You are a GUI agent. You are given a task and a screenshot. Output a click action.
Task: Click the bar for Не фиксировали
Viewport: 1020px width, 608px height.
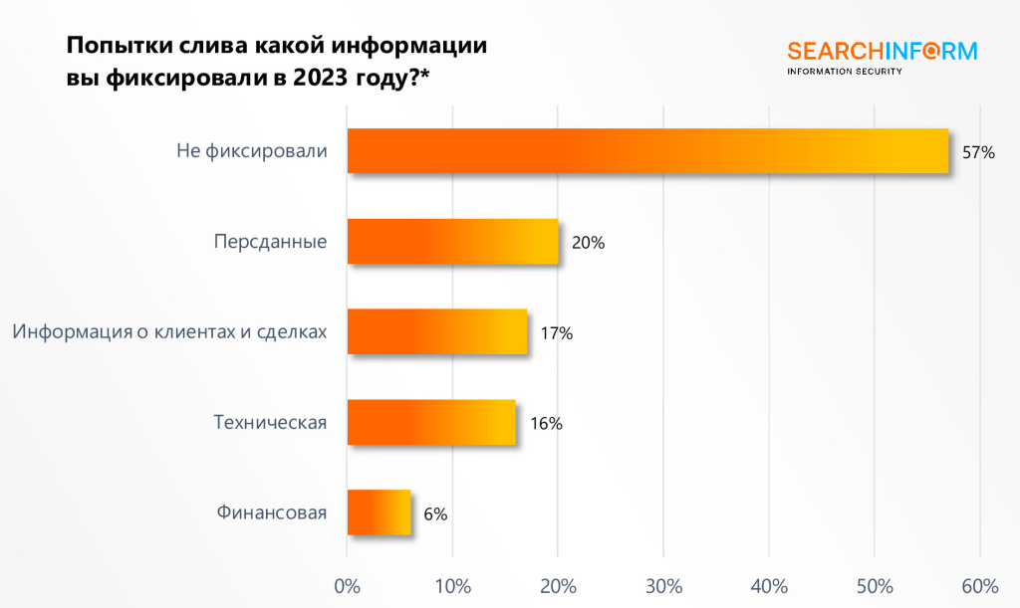pyautogui.click(x=647, y=151)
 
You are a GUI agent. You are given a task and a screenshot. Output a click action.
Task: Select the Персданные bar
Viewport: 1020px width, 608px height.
pyautogui.click(x=452, y=242)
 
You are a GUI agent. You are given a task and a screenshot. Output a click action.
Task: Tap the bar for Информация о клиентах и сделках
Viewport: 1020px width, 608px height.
pyautogui.click(x=436, y=332)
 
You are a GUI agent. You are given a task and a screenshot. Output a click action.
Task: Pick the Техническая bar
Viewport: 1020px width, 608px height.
pyautogui.click(x=431, y=423)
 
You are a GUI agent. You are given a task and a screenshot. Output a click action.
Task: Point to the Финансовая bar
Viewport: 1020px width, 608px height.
pyautogui.click(x=379, y=513)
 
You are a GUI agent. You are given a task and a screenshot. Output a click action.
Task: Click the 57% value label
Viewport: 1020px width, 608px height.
pyautogui.click(x=979, y=152)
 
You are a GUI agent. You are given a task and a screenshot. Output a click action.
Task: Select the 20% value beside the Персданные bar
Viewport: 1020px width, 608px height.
pyautogui.click(x=589, y=243)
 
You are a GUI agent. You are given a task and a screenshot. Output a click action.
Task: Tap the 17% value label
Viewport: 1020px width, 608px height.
pyautogui.click(x=557, y=333)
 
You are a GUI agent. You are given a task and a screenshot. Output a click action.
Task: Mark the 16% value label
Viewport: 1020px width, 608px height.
pyautogui.click(x=546, y=424)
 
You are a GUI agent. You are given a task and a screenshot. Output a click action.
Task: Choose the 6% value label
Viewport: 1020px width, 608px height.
pyautogui.click(x=435, y=514)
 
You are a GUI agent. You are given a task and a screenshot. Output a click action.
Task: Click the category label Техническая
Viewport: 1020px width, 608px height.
pyautogui.click(x=270, y=423)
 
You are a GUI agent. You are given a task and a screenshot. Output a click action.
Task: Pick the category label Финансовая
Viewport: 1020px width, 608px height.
pyautogui.click(x=271, y=513)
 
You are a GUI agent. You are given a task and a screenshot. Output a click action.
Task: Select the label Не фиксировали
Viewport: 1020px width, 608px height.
pyautogui.click(x=251, y=151)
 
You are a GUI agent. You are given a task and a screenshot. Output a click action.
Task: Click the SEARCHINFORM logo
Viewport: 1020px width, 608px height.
pyautogui.click(x=882, y=51)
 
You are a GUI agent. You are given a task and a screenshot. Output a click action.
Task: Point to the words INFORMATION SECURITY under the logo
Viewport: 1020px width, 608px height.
pyautogui.click(x=845, y=72)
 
